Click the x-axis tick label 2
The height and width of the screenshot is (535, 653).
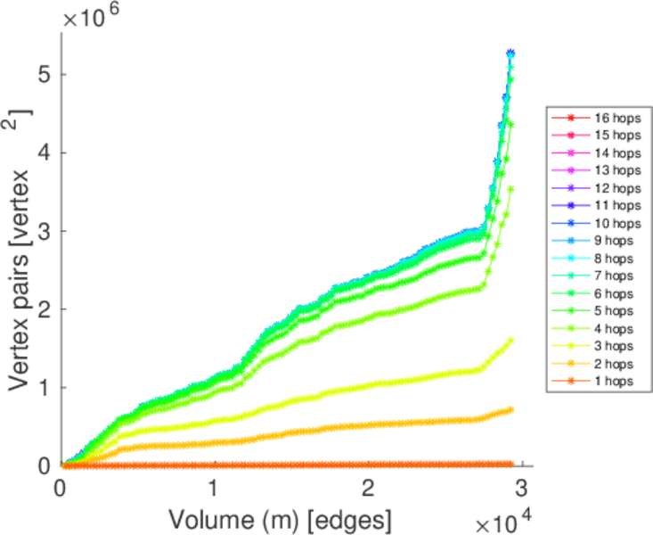[368, 490]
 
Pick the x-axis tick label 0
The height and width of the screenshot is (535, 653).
[61, 490]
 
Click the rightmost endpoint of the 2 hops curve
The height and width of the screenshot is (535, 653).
[511, 410]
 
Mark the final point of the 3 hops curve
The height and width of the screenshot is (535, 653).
[511, 340]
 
